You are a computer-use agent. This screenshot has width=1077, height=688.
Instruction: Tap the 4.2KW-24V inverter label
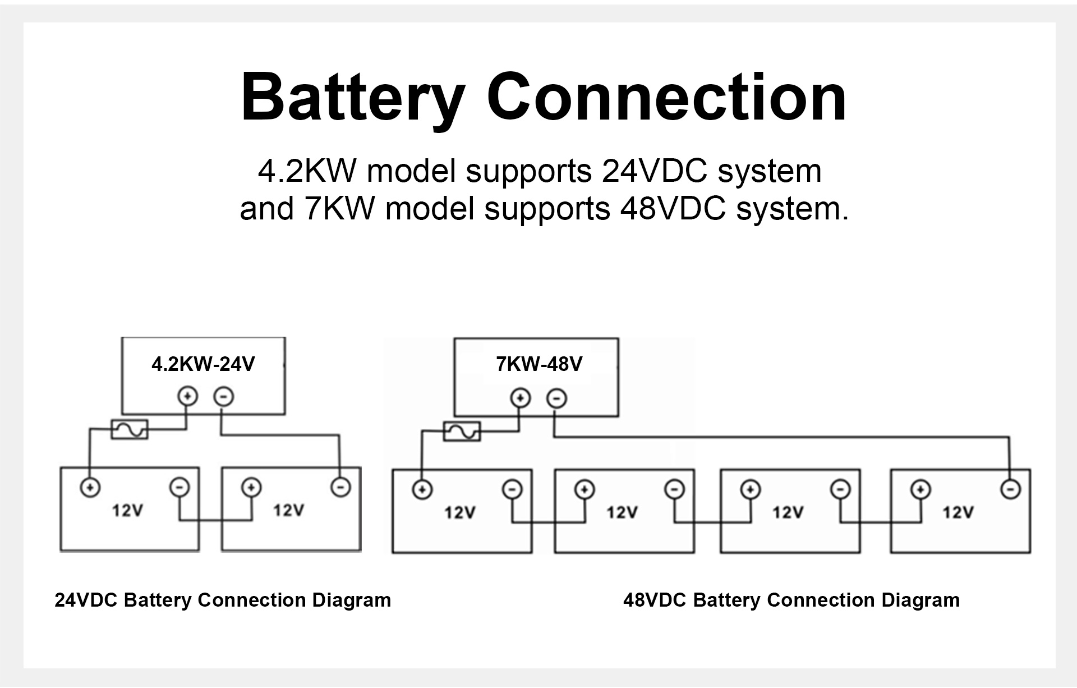click(203, 364)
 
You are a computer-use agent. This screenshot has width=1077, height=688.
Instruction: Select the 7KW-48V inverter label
click(539, 364)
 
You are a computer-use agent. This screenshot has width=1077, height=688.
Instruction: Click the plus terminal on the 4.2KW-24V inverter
click(187, 396)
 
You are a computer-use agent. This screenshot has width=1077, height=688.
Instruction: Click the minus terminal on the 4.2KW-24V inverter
click(223, 397)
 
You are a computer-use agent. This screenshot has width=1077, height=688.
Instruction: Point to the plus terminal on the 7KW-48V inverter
click(521, 398)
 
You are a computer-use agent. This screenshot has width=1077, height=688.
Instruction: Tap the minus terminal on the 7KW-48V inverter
click(556, 398)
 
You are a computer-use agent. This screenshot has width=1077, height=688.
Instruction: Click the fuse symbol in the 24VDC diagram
click(130, 429)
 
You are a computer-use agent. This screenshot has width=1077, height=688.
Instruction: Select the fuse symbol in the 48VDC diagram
click(462, 431)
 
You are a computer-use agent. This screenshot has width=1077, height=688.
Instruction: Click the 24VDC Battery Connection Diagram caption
click(223, 600)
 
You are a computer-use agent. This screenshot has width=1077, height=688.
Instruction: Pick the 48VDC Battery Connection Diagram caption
click(791, 600)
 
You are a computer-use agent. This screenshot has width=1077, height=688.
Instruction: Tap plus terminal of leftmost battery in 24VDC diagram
click(90, 487)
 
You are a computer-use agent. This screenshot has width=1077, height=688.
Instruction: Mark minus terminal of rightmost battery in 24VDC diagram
click(340, 487)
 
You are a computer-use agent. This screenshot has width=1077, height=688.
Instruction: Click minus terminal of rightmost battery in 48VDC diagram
click(1010, 489)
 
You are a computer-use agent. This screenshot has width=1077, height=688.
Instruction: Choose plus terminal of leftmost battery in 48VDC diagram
click(422, 489)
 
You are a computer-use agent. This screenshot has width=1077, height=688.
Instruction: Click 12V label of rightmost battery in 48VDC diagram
click(958, 512)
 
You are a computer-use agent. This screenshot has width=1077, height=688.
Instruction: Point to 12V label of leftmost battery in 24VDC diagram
click(127, 511)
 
